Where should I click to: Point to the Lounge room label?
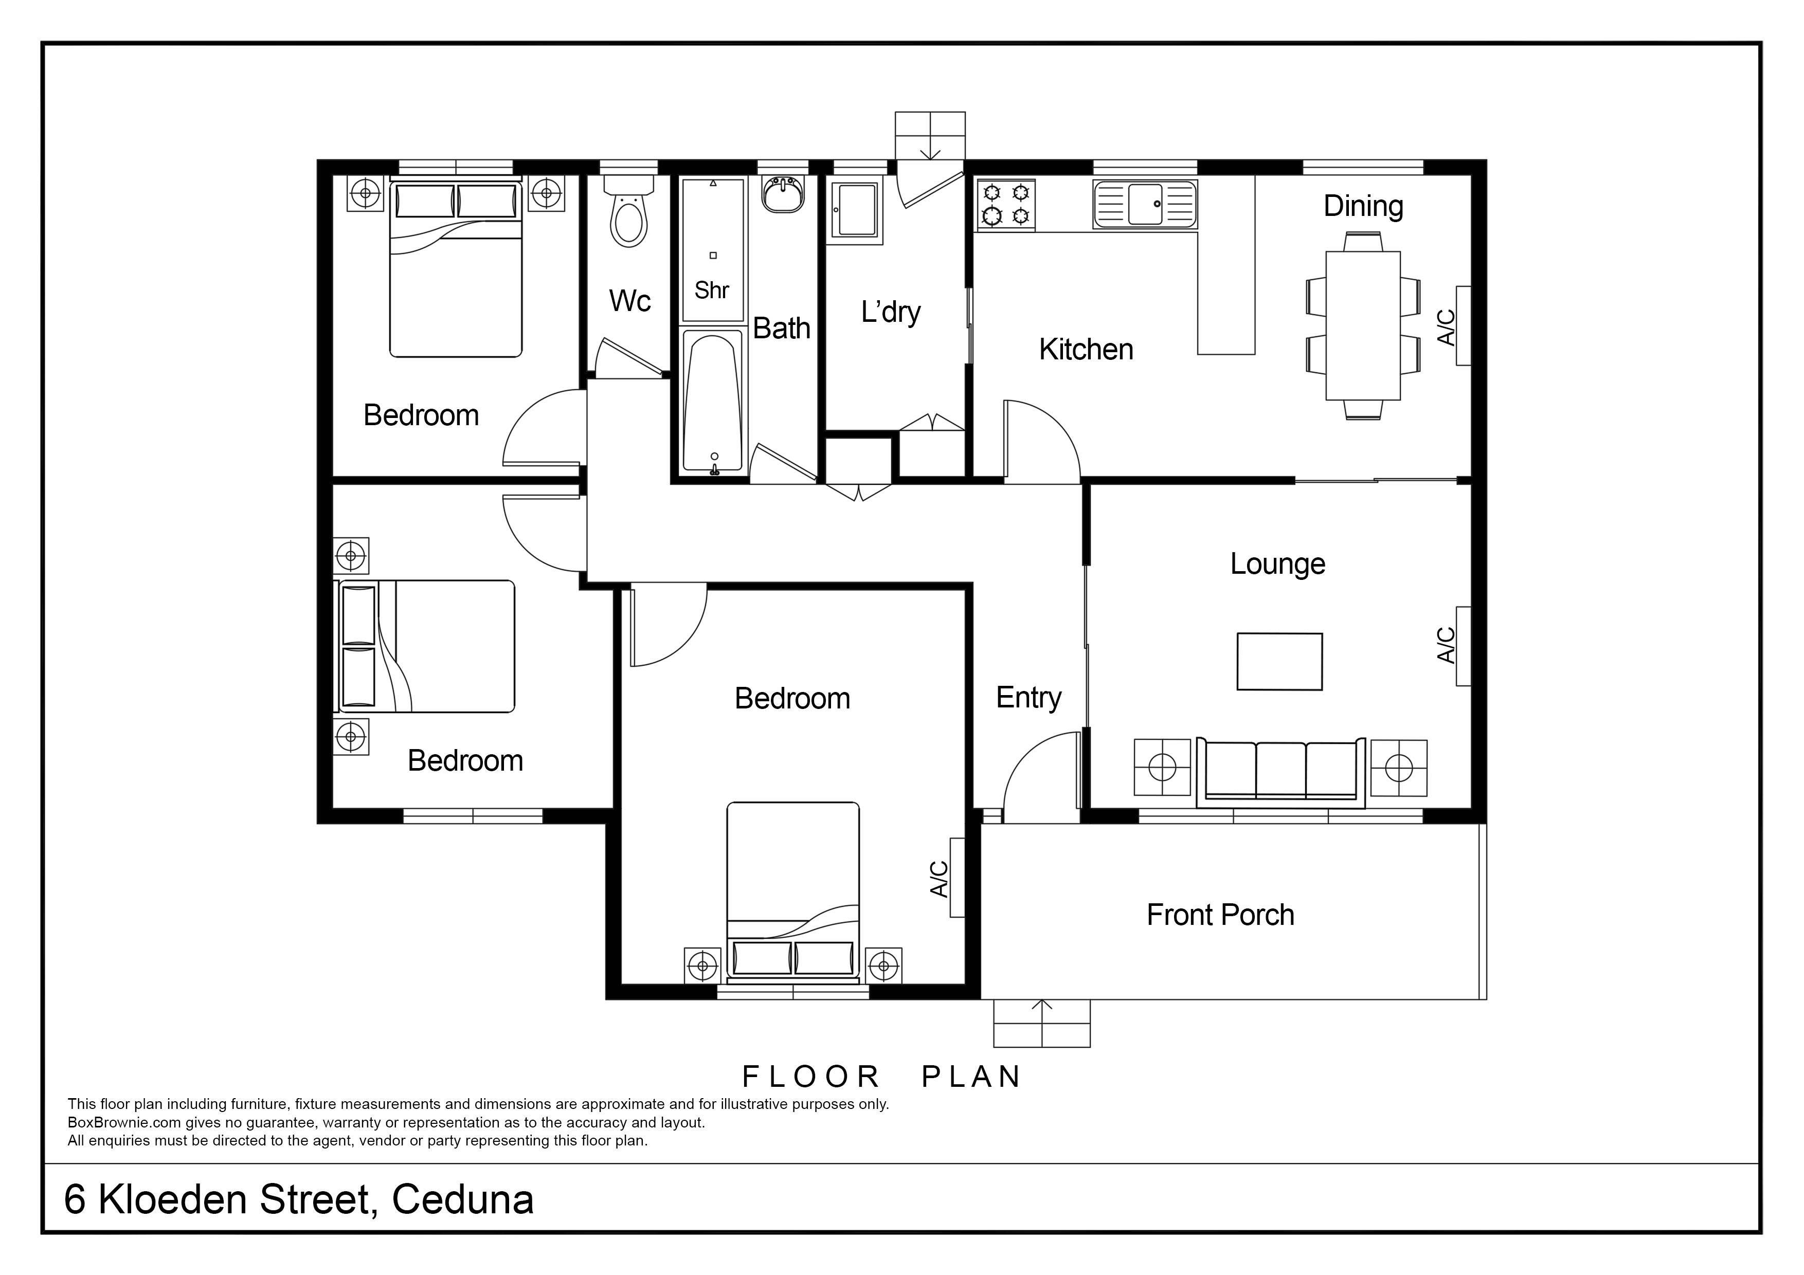(1277, 563)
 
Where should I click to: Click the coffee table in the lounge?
(1279, 662)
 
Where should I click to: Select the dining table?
(1363, 325)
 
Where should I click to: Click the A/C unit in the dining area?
(1463, 325)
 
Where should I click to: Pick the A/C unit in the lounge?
(1463, 646)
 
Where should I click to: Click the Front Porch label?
(1220, 915)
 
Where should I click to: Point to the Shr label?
(712, 290)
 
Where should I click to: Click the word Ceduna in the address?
(463, 1199)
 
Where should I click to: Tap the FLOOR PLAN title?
(881, 1076)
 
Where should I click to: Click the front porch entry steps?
(1042, 1023)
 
